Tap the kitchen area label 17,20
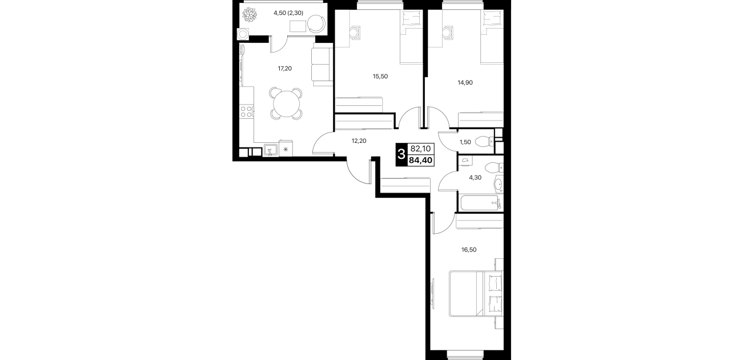(284, 69)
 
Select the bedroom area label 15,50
(380, 77)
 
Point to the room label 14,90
(465, 83)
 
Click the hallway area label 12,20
(359, 141)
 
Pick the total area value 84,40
(420, 161)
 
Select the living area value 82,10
(420, 149)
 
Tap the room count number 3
(401, 154)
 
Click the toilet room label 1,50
(465, 142)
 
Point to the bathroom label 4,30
(475, 178)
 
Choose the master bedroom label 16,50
(469, 250)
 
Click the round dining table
(286, 104)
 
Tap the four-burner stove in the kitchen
(247, 111)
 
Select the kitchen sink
(271, 150)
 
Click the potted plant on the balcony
(249, 15)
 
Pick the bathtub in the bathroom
(479, 203)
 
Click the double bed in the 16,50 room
(476, 294)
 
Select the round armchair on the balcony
(316, 24)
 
